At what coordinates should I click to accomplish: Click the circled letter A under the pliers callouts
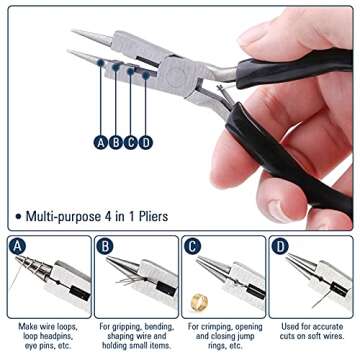101,142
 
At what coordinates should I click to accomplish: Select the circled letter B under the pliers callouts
116,142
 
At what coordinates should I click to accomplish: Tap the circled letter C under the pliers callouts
131,142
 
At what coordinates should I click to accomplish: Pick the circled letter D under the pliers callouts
146,142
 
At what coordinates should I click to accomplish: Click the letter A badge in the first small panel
17,246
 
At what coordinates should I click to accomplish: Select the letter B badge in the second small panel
105,246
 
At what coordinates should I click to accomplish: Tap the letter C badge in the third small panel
192,246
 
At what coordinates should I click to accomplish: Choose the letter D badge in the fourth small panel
280,246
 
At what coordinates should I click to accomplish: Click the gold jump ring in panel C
198,302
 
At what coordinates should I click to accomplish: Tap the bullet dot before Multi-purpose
18,216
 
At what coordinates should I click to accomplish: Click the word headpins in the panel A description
58,336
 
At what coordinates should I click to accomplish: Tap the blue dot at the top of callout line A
100,62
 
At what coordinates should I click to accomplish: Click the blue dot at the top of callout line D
146,76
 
